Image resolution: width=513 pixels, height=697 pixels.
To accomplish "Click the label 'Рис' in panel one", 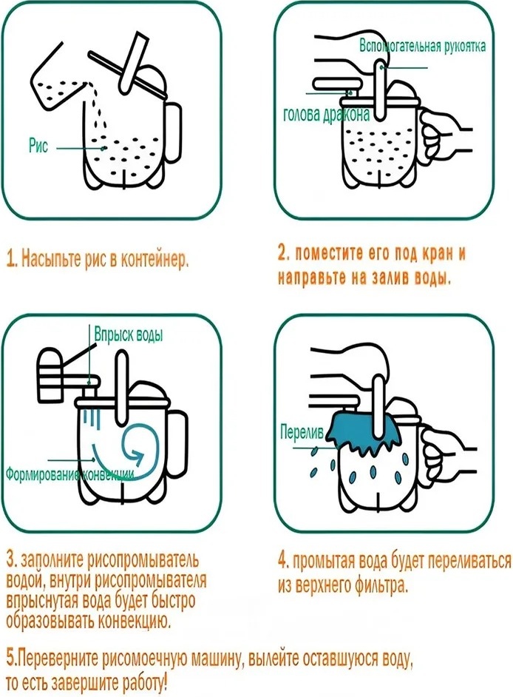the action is coord(38,146).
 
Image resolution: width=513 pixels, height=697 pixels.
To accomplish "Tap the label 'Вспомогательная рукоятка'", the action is coord(422,46).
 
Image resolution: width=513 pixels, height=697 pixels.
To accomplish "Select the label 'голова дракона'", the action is coord(326,115).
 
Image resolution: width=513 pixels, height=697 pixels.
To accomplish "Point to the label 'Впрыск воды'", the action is coord(129,334).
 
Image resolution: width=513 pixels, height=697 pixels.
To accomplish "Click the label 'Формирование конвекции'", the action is coord(69,474).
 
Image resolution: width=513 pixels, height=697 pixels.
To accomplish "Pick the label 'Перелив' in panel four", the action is coord(302,431).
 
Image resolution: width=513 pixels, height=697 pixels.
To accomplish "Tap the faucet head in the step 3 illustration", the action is coord(50,374).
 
